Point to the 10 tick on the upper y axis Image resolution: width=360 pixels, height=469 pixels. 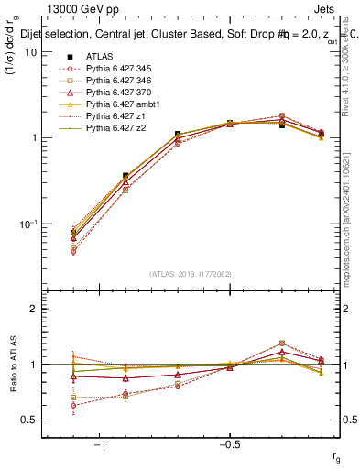click(x=29, y=52)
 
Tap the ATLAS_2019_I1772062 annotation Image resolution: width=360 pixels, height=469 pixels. click(x=191, y=272)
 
